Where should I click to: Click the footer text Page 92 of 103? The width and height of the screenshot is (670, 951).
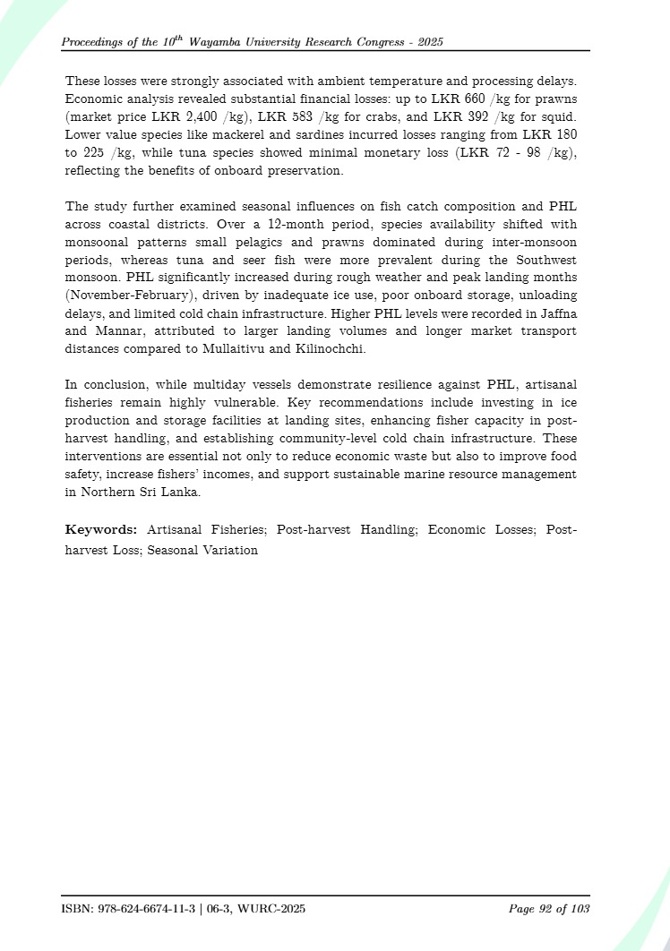click(x=548, y=910)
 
